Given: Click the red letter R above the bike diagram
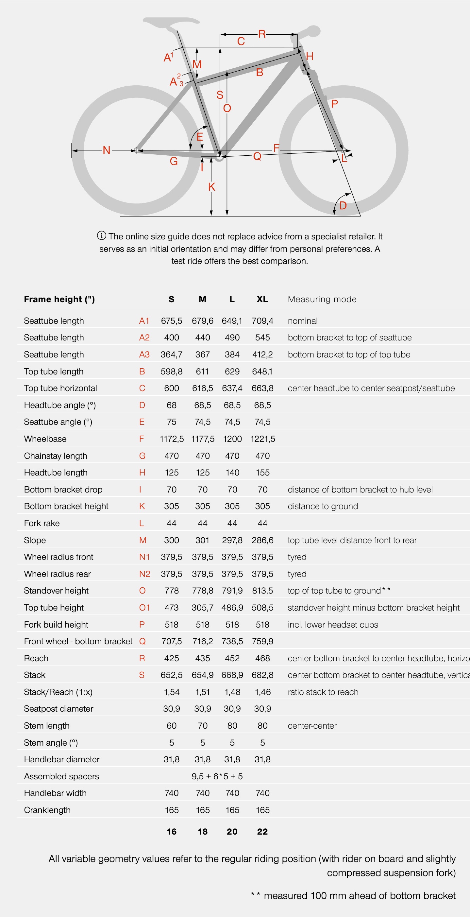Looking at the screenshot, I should click(x=262, y=34).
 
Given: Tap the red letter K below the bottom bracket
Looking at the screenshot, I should click(x=212, y=186).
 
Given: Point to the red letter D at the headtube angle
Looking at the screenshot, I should click(x=343, y=205).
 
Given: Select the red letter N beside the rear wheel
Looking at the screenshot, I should click(x=106, y=150).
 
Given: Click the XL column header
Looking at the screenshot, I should click(x=262, y=299).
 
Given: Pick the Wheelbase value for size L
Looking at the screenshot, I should click(x=232, y=439).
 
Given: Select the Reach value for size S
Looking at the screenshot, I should click(x=172, y=658).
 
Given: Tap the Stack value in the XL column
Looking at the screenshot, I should click(x=262, y=675).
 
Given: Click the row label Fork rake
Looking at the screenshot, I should click(x=42, y=523).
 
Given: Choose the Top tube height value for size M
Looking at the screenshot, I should click(x=202, y=608).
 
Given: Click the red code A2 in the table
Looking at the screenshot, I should click(x=144, y=337).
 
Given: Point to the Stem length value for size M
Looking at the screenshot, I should click(x=202, y=725).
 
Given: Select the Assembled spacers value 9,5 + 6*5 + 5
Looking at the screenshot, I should click(x=217, y=776).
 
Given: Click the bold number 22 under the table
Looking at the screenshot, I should click(x=262, y=832).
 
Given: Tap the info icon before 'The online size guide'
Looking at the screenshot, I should click(x=101, y=236).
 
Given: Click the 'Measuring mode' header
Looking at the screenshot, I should click(x=322, y=299).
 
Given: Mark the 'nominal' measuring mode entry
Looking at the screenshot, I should click(x=302, y=321).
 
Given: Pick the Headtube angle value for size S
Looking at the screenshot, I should click(x=172, y=405).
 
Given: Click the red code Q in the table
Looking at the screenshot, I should click(x=142, y=641).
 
